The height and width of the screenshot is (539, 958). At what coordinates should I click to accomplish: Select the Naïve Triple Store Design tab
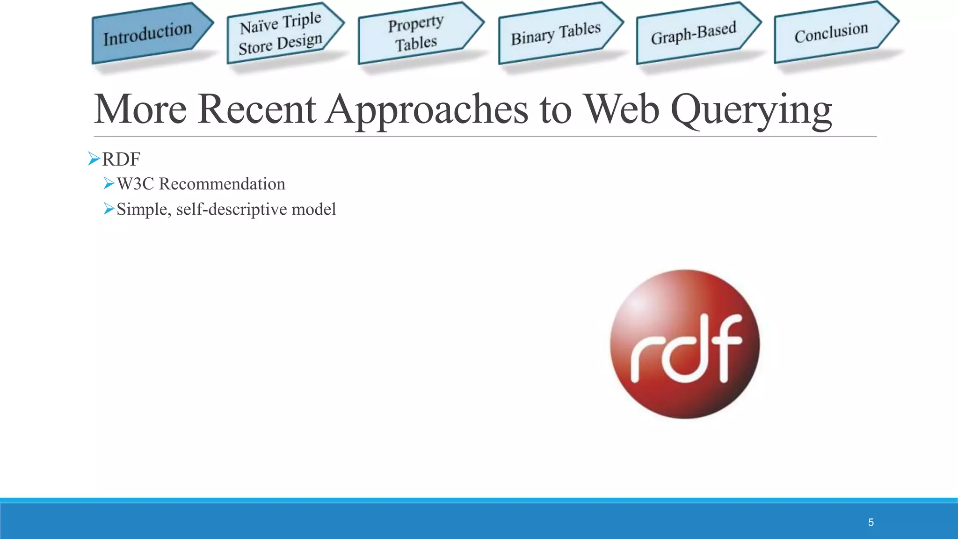281,34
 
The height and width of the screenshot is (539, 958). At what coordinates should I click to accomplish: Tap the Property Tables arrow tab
416,33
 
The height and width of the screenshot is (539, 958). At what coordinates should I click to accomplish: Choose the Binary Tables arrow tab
556,34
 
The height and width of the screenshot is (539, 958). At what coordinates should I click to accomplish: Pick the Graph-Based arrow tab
694,33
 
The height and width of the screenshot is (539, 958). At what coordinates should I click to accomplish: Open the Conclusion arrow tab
831,33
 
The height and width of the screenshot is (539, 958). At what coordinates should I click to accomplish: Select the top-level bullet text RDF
121,160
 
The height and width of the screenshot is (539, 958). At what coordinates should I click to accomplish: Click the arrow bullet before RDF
94,159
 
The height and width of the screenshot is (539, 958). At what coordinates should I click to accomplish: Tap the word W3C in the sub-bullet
135,184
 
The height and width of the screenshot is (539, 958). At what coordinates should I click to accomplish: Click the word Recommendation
222,184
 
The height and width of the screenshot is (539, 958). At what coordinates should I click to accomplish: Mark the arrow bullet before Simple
109,209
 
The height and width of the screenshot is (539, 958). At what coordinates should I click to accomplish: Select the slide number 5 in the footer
871,522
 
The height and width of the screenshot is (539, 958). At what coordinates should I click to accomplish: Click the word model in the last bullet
313,209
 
